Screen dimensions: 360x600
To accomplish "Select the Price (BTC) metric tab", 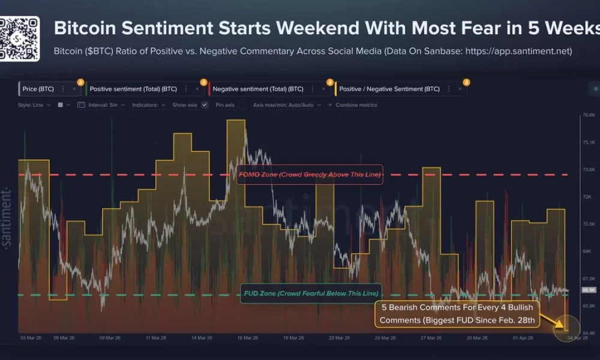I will pyautogui.click(x=38, y=89).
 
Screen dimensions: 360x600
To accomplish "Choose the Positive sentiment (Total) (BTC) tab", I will pyautogui.click(x=133, y=89).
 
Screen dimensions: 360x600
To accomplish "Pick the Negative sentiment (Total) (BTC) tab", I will pyautogui.click(x=258, y=89).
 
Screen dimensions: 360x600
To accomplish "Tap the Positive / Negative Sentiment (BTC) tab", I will pyautogui.click(x=389, y=89).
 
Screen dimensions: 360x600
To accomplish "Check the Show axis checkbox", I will pyautogui.click(x=204, y=105).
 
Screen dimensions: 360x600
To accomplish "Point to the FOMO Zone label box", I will pyautogui.click(x=310, y=175).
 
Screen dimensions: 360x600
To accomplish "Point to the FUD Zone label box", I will pyautogui.click(x=311, y=293).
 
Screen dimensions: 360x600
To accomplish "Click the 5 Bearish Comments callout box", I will pyautogui.click(x=457, y=314).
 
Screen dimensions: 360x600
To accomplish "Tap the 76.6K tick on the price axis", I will pyautogui.click(x=589, y=115).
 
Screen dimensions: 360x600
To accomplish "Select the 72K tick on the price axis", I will pyautogui.click(x=589, y=197).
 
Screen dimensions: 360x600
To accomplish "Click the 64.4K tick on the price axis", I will pyautogui.click(x=589, y=332).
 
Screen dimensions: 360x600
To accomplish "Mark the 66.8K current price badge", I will pyautogui.click(x=589, y=290).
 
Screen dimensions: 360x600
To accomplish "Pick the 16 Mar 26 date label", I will pyautogui.click(x=247, y=338).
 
